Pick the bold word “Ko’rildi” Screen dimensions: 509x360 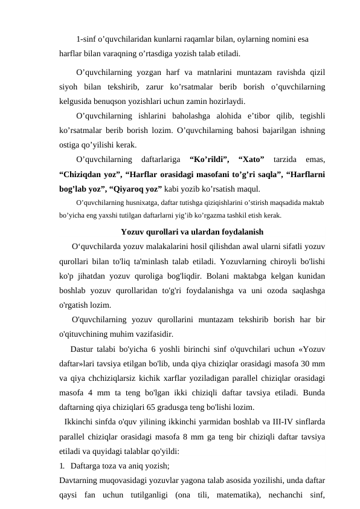pyautogui.click(x=209, y=160)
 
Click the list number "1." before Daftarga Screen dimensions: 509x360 pyautogui.click(x=62, y=465)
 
